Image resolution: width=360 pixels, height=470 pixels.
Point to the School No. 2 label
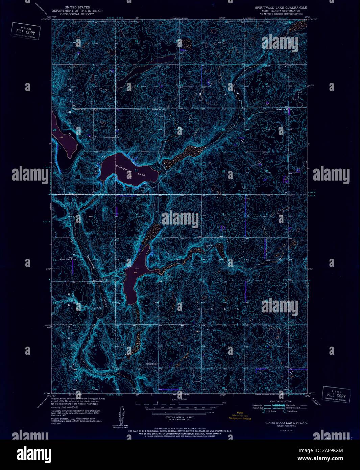[x=152, y=363]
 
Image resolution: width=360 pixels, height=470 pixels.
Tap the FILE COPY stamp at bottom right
[x=336, y=395]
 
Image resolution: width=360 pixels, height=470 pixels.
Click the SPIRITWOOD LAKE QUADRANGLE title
[x=281, y=7]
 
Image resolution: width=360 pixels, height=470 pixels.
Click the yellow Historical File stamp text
[x=239, y=416]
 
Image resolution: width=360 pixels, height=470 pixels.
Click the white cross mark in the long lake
[x=137, y=269]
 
